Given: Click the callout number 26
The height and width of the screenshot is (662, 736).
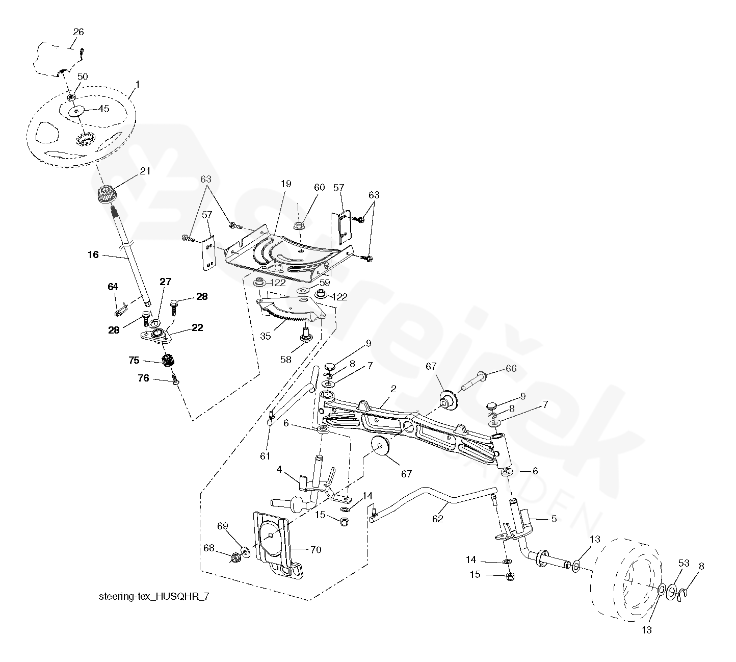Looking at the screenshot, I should point(78,32).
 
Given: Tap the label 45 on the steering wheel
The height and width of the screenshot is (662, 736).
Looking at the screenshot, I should point(103,108).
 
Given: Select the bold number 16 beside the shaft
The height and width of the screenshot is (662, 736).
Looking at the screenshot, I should point(93,254).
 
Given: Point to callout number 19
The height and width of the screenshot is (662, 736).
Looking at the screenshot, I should point(286,184).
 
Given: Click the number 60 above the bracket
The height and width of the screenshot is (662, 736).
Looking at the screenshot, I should point(319,187).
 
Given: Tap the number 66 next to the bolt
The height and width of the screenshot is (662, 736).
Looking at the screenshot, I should point(510,369).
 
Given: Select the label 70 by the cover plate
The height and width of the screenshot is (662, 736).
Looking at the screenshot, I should point(316,550).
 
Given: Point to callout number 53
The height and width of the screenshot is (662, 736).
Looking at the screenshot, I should point(684,563).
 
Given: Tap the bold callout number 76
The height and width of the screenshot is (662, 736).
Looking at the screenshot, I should point(144,378).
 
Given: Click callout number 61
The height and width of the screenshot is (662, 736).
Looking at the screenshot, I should point(265,456).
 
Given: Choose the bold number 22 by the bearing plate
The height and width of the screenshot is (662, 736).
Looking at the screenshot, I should point(197,328).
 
